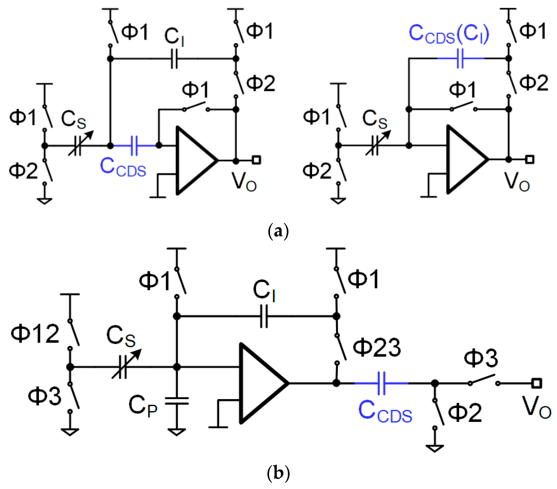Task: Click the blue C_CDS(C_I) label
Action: [x=449, y=35]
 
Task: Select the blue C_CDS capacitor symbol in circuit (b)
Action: [x=381, y=383]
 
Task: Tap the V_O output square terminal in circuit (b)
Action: [x=536, y=383]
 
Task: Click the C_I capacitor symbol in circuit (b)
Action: [x=264, y=316]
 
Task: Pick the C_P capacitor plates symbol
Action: [x=177, y=401]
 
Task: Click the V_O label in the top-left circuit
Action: [x=244, y=182]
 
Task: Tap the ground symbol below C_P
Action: [x=177, y=432]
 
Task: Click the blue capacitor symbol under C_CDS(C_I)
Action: [x=460, y=58]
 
